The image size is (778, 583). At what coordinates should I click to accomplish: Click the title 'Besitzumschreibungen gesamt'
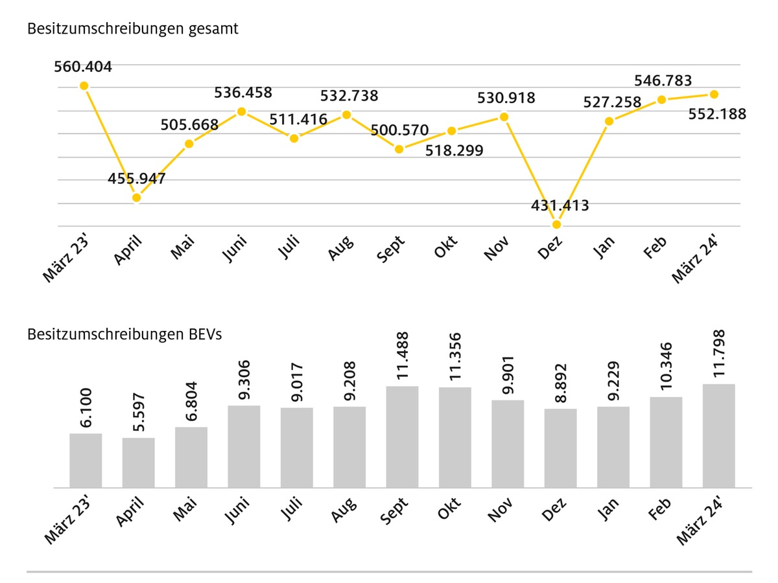click(x=133, y=29)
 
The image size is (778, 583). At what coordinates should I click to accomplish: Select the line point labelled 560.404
click(x=84, y=86)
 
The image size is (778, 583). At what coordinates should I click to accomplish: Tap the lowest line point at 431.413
click(x=556, y=224)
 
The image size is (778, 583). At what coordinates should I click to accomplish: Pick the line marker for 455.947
click(x=136, y=198)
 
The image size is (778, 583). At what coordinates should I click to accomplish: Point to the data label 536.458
click(x=243, y=93)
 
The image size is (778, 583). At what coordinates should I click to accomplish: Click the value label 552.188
click(x=718, y=114)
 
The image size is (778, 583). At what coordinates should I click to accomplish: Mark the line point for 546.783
click(x=661, y=99)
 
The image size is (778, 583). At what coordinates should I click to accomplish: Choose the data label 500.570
click(x=399, y=130)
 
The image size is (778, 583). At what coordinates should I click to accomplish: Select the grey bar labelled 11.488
click(x=402, y=437)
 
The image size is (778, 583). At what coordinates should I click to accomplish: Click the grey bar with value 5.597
click(x=138, y=463)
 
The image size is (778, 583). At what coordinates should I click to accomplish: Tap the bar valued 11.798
click(x=718, y=435)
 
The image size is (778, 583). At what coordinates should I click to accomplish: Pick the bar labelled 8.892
click(x=560, y=448)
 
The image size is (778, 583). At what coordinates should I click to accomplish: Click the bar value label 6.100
click(x=86, y=409)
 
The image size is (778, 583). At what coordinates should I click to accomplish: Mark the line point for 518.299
click(x=452, y=131)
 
